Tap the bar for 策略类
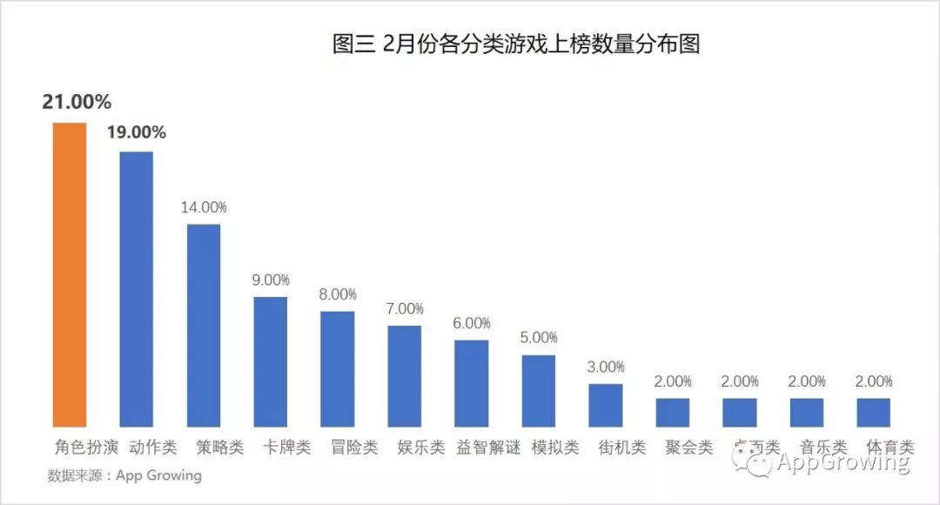(x=204, y=325)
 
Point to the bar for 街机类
(x=606, y=405)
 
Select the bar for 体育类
(x=873, y=412)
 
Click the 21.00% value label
(x=77, y=102)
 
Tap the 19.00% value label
(x=136, y=132)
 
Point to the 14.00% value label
(x=204, y=207)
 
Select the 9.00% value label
(x=271, y=279)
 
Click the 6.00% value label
(x=472, y=323)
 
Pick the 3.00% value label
(x=606, y=367)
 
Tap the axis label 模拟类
(x=555, y=448)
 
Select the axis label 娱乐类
(x=421, y=448)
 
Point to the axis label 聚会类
(x=689, y=448)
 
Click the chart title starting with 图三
(x=516, y=44)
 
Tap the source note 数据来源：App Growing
(x=124, y=475)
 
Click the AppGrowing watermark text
(x=843, y=462)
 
